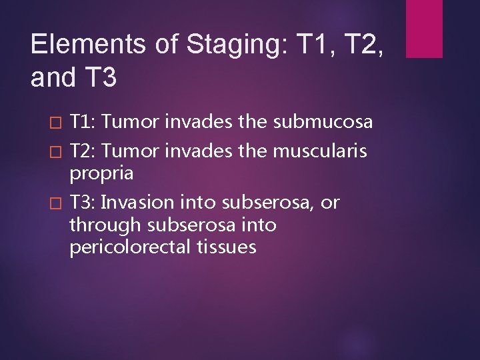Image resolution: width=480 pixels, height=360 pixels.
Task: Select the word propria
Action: (x=101, y=175)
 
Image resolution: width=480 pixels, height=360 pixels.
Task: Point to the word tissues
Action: (x=227, y=247)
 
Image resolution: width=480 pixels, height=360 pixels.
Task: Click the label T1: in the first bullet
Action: (x=83, y=122)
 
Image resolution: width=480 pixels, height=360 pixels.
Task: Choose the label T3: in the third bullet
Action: (x=83, y=203)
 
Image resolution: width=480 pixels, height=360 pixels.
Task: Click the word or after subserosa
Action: (x=330, y=203)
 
